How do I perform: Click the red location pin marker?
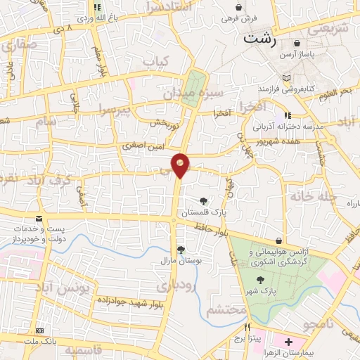coord(181,165)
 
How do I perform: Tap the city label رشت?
coord(258,39)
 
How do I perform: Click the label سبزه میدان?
coord(193,92)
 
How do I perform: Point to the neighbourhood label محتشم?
coord(229,309)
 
